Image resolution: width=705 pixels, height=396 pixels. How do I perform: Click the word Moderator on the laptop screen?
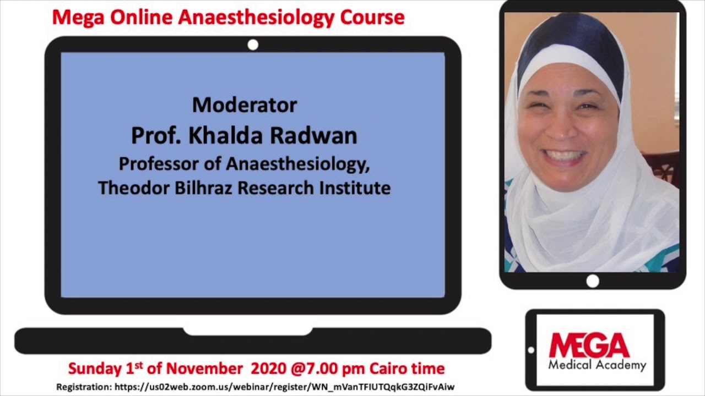tap(245, 105)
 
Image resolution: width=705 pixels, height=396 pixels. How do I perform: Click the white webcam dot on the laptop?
tap(253, 45)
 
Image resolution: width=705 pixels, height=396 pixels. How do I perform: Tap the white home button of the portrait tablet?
tap(593, 281)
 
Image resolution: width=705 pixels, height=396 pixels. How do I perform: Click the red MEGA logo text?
tap(589, 345)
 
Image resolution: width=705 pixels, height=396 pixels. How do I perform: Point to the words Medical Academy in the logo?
tap(597, 365)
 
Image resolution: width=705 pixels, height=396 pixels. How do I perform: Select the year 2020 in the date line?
tap(269, 368)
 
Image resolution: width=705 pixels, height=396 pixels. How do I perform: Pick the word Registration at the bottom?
tap(84, 387)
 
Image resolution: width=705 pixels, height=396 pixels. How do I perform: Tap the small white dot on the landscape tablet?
tap(531, 350)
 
